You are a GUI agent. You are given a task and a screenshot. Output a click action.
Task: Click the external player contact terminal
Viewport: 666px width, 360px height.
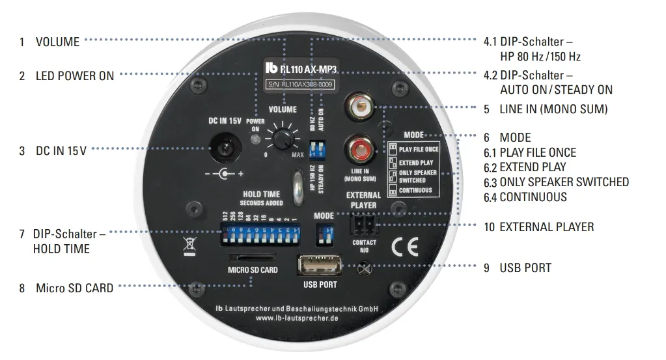(363, 225)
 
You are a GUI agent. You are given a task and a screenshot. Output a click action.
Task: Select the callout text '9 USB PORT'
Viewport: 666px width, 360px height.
(518, 268)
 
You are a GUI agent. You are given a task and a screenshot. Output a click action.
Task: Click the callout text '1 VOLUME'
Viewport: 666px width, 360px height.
(49, 42)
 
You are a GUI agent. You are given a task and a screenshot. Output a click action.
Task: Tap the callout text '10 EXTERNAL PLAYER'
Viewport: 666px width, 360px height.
(538, 227)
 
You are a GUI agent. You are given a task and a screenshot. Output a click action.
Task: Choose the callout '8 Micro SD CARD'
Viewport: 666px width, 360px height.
(66, 287)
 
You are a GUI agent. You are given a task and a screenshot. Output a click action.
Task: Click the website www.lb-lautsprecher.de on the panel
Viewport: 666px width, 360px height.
(296, 319)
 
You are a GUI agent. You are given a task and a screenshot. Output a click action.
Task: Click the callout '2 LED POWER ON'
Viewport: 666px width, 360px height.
(66, 76)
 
